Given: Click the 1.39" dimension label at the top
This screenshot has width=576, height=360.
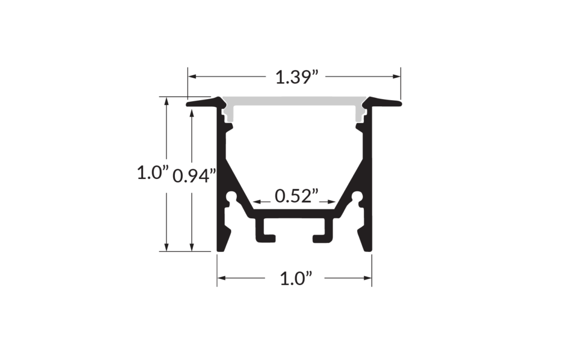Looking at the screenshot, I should pos(297,76).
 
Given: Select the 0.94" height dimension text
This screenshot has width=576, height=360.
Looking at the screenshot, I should pos(194,176).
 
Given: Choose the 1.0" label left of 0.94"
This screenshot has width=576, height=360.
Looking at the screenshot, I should pos(152,172).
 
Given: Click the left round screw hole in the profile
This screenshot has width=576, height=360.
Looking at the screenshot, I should pos(231,197).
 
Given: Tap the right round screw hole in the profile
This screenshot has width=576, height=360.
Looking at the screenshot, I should pos(357,197).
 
